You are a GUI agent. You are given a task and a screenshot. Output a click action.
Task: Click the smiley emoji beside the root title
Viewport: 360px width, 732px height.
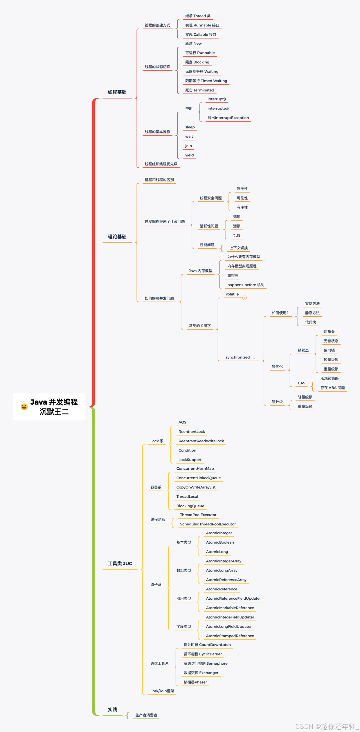(24, 407)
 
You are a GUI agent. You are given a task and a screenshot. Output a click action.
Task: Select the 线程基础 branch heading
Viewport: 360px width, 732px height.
(117, 92)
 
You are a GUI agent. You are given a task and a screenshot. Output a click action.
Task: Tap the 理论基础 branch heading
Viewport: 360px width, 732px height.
(117, 237)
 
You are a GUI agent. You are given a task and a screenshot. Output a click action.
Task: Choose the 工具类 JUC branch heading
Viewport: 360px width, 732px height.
(120, 564)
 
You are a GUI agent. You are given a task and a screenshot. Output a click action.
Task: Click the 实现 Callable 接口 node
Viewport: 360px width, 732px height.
(201, 35)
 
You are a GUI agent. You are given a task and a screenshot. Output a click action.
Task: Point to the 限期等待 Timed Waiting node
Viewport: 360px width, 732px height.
(206, 81)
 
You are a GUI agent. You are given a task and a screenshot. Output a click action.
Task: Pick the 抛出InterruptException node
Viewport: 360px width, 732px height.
(228, 118)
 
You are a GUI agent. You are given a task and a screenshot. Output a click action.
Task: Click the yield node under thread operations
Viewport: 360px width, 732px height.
(189, 155)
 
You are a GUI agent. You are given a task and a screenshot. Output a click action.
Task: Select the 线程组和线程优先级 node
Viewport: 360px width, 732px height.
(161, 164)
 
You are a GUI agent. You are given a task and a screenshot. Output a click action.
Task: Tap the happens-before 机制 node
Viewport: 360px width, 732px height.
(246, 285)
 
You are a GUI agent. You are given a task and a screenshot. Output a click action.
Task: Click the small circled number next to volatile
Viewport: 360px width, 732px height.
(245, 298)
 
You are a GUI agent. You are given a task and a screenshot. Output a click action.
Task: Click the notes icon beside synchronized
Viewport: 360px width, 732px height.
(255, 357)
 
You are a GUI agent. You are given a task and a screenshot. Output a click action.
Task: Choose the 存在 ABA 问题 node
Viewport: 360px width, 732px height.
(332, 388)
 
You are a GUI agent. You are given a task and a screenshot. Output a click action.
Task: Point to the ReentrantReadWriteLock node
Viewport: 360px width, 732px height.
(201, 441)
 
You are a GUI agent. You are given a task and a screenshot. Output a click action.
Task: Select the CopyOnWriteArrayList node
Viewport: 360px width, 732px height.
(196, 487)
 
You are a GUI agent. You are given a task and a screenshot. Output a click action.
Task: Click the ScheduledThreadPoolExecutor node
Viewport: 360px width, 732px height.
(208, 524)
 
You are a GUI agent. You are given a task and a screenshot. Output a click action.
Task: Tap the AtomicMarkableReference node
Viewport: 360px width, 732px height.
(230, 608)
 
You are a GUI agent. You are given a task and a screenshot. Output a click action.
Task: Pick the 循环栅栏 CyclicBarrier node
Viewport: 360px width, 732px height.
(203, 654)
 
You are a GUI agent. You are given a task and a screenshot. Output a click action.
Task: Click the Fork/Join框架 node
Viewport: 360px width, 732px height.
(162, 691)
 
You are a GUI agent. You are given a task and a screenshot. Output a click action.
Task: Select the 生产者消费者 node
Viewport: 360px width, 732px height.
(146, 715)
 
